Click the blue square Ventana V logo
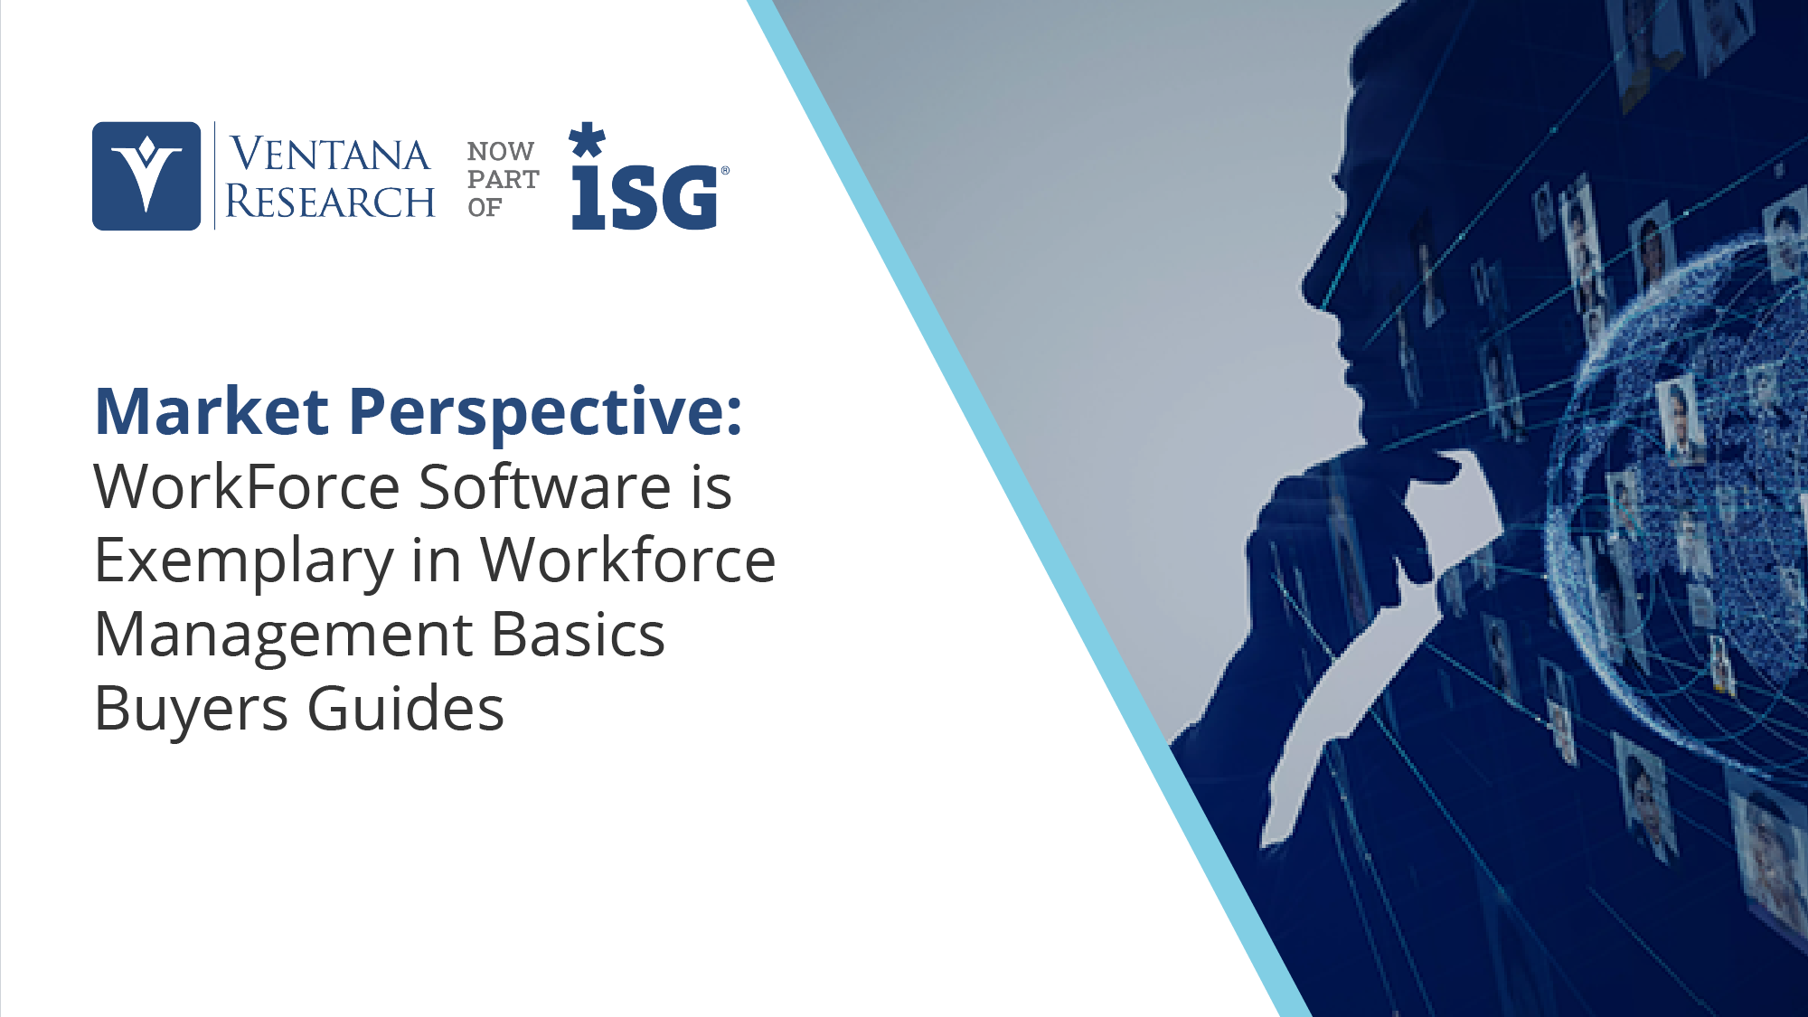(x=146, y=176)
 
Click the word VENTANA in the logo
(x=330, y=154)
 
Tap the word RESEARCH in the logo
(x=330, y=201)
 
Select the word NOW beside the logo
(x=501, y=151)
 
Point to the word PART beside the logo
(x=504, y=179)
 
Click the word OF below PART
(x=485, y=207)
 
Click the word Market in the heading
(x=212, y=412)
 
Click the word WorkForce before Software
(x=247, y=487)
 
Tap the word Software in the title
(x=545, y=486)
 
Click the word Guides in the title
(x=406, y=707)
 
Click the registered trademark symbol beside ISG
(x=725, y=169)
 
